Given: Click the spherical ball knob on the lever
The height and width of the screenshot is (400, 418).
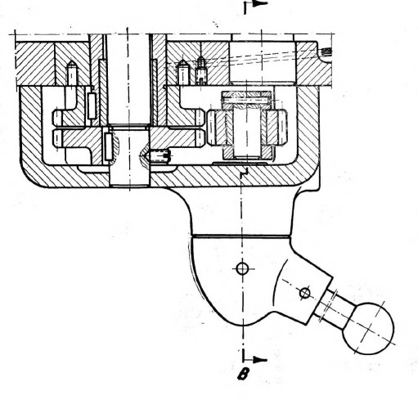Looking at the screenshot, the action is (368, 328).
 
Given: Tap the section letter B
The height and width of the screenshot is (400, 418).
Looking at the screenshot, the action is (243, 374).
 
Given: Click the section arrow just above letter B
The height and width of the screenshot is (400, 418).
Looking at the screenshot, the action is (254, 360).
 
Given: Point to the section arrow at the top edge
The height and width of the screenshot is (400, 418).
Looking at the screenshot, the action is (256, 4).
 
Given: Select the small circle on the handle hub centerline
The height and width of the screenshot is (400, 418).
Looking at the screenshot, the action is (242, 268).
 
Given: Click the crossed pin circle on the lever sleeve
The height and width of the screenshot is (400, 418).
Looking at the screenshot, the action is (304, 294).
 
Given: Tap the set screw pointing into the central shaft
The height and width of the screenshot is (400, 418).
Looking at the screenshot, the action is (158, 156).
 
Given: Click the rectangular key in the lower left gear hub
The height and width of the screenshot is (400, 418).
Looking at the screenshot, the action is (109, 146).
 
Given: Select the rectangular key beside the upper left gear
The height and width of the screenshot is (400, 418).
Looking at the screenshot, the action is (92, 106).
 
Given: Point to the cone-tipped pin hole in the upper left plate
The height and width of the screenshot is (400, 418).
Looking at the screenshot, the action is (72, 72).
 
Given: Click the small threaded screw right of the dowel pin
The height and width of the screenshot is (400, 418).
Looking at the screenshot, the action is (201, 70).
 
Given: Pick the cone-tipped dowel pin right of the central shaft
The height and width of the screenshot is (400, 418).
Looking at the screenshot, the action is (183, 73).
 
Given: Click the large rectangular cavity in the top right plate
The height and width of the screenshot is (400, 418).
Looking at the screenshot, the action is (263, 61).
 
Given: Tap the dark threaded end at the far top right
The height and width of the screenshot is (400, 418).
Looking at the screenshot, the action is (326, 51).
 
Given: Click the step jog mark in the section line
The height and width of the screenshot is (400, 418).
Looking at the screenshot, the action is (245, 173).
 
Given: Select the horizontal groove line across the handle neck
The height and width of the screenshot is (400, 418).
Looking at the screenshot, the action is (241, 236).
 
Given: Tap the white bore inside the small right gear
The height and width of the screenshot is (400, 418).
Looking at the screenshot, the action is (247, 133).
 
